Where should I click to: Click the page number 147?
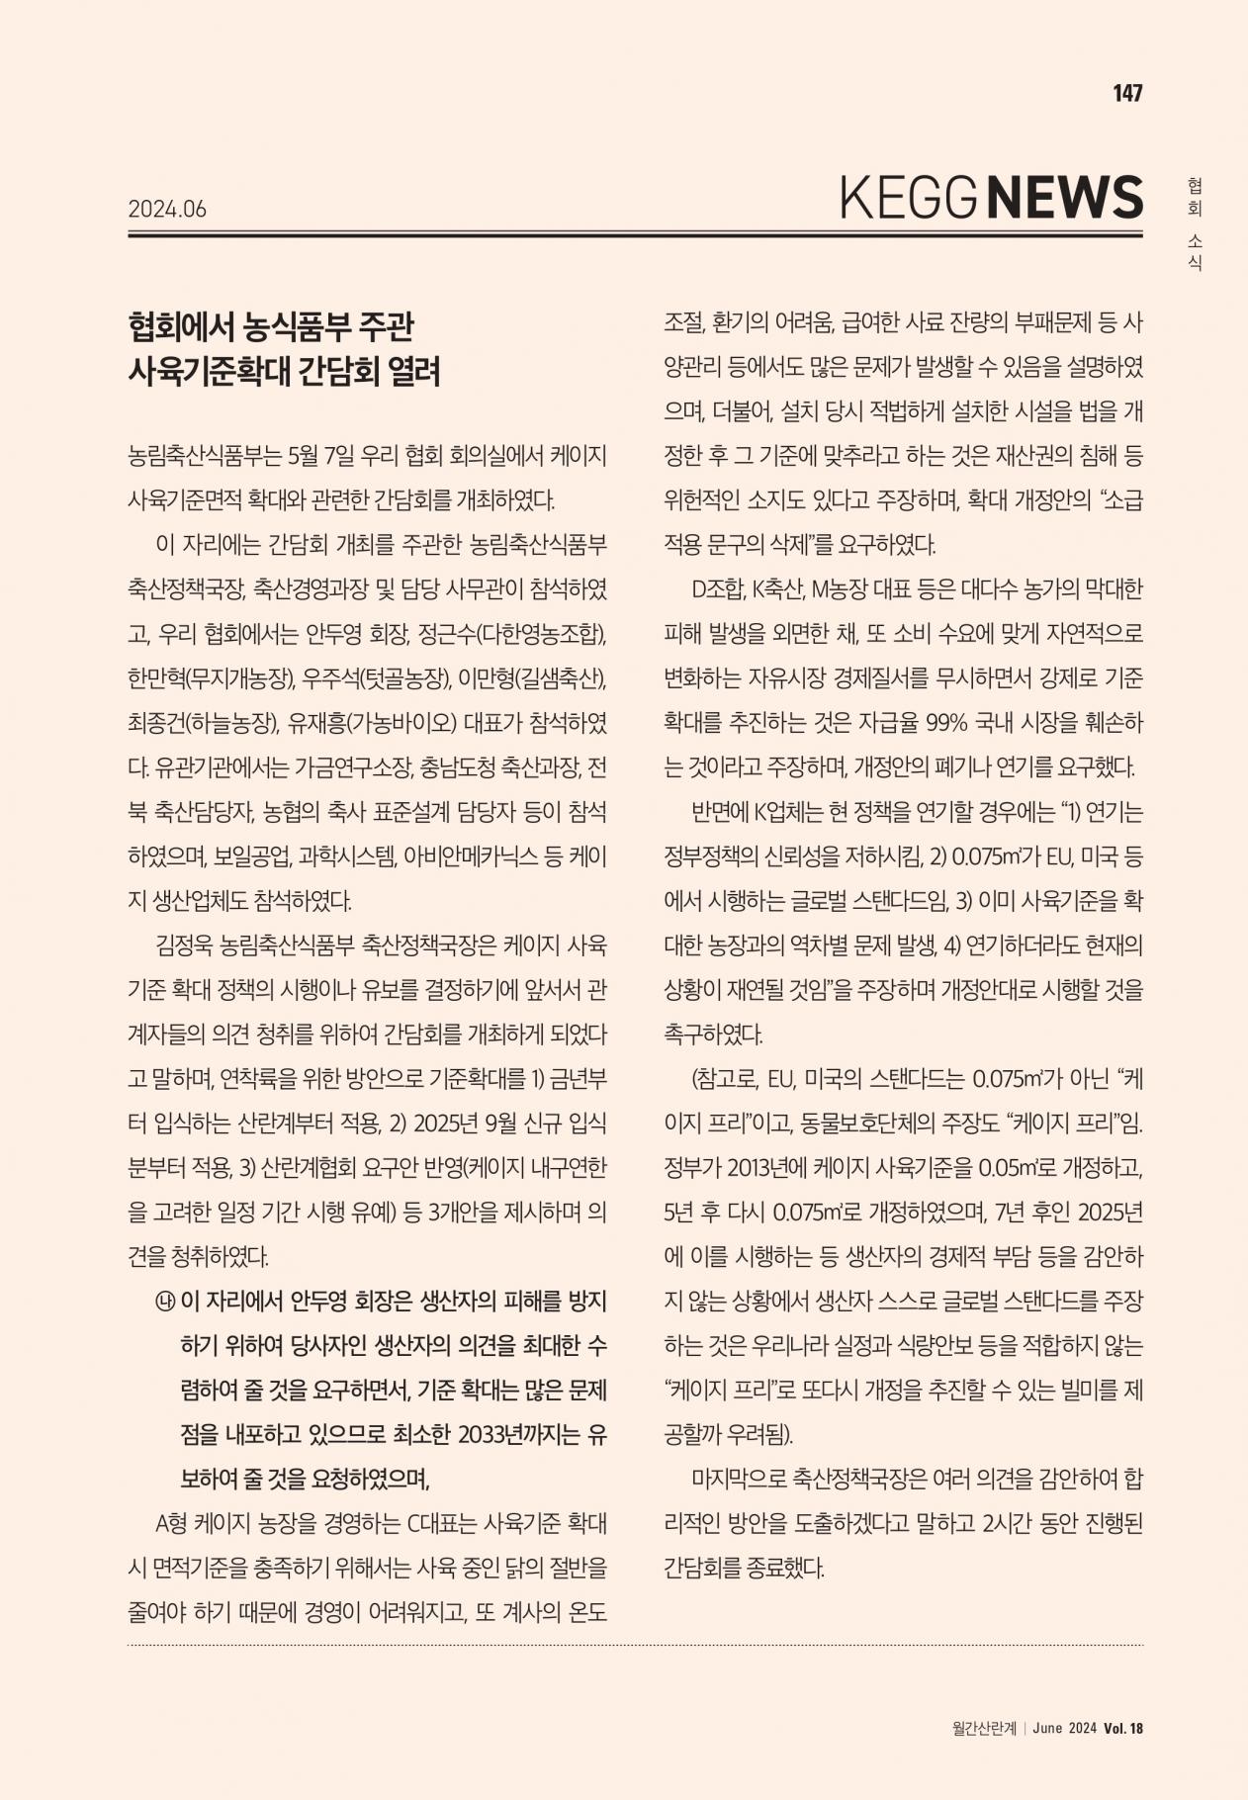point(1127,93)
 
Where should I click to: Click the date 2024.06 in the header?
point(167,209)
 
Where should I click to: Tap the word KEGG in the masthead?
point(908,198)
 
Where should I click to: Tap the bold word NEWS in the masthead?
point(1066,197)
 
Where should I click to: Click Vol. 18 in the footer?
point(1123,1728)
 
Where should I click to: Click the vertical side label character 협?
point(1195,185)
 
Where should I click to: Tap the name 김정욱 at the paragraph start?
point(184,945)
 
